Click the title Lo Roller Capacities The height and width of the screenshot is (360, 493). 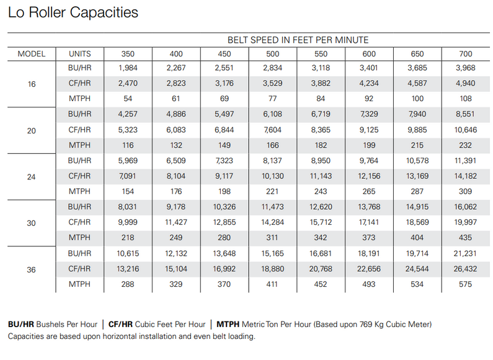coord(73,12)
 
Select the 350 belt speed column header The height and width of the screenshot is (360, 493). coord(127,53)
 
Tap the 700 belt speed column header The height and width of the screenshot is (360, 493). coord(465,53)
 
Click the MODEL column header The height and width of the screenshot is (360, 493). coord(31,53)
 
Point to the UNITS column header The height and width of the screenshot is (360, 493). coord(80,53)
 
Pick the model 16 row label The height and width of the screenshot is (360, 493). coord(31,83)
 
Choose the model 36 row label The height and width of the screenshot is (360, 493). coord(31,269)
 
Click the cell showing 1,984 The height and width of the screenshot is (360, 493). coord(127,68)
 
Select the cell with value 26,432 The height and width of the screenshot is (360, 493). coord(465,269)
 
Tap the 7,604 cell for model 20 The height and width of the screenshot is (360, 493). coord(272,130)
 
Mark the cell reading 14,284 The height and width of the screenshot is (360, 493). coord(272,222)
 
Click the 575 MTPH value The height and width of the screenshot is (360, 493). coord(465,284)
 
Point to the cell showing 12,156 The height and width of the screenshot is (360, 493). coord(369,176)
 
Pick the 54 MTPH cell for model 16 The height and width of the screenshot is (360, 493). coord(127,99)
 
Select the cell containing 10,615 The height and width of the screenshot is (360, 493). coord(127,253)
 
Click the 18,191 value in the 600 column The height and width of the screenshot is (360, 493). coord(369,253)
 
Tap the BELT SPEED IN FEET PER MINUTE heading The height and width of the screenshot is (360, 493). coord(298,40)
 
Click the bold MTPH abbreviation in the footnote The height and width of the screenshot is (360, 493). coord(228,324)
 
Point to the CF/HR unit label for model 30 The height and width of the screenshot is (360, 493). coord(80,222)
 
